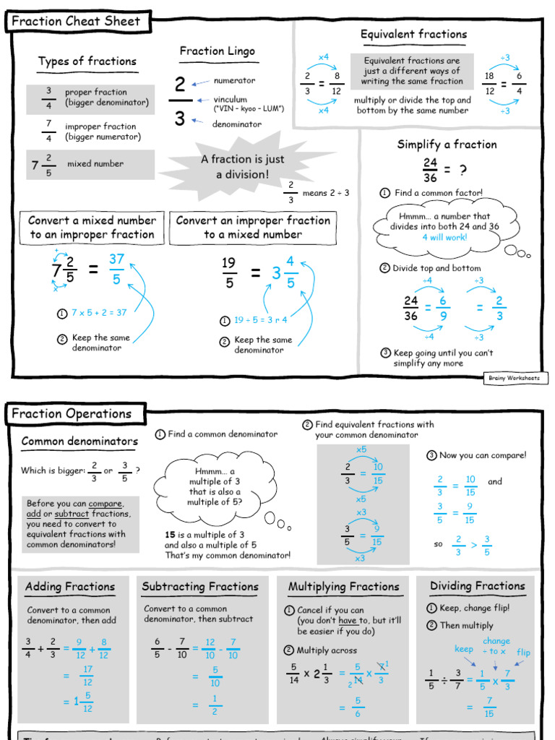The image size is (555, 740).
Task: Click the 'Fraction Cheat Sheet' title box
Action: click(x=75, y=22)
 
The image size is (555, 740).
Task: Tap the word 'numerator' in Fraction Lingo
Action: click(x=234, y=81)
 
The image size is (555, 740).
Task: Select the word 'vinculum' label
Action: click(x=230, y=99)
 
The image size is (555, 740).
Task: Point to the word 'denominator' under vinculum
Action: click(x=237, y=124)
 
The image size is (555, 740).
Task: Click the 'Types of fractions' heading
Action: click(x=87, y=61)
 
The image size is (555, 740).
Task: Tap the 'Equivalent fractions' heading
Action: click(x=413, y=34)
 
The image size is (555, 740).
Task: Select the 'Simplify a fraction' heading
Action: click(x=447, y=145)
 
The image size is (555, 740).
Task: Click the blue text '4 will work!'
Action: click(x=444, y=237)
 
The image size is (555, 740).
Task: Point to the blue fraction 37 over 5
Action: click(x=117, y=269)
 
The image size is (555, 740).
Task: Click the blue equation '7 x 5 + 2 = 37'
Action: click(x=99, y=313)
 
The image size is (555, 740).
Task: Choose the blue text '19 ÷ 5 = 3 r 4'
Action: click(x=261, y=320)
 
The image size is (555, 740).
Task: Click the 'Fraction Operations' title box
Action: click(x=71, y=414)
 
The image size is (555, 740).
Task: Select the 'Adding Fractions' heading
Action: click(x=70, y=587)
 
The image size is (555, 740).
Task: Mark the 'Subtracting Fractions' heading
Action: click(x=199, y=587)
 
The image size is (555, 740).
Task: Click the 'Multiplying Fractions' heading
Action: click(x=343, y=587)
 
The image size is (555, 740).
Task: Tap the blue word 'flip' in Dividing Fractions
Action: click(x=523, y=653)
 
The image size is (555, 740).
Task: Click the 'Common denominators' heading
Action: click(x=79, y=442)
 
